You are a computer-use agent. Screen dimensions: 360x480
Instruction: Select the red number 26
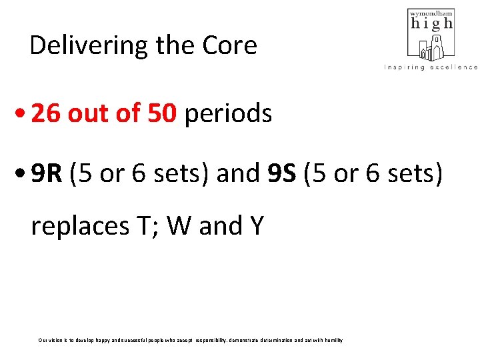45,114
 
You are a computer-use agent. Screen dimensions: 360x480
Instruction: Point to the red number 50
161,114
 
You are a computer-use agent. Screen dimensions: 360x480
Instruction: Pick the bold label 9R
47,173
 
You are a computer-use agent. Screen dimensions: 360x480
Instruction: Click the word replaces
79,227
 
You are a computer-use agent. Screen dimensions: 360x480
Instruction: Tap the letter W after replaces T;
180,226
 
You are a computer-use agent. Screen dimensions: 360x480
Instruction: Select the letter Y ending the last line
256,226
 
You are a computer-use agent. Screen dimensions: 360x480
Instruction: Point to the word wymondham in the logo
432,13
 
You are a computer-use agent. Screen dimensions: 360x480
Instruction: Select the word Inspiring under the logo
405,67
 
